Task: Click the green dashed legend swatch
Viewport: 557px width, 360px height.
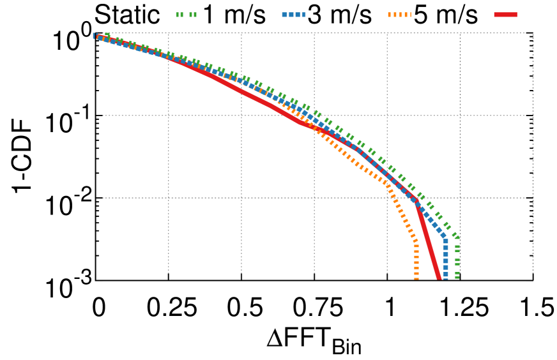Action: pyautogui.click(x=187, y=15)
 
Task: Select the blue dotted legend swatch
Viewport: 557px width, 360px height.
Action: pyautogui.click(x=294, y=15)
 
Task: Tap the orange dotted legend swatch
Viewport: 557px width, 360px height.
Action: pyautogui.click(x=399, y=15)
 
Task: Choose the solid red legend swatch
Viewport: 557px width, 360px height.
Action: pyautogui.click(x=505, y=15)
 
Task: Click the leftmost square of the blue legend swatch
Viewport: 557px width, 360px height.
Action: pyautogui.click(x=284, y=15)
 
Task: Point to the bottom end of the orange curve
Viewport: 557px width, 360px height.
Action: pyautogui.click(x=416, y=278)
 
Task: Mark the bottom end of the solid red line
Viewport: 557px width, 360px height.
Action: pyautogui.click(x=439, y=278)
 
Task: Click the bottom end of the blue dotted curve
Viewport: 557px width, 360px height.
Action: pyautogui.click(x=445, y=278)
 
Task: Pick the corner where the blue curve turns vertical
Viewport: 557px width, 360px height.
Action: pyautogui.click(x=445, y=239)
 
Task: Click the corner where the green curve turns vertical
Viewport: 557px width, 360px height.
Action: pyautogui.click(x=457, y=237)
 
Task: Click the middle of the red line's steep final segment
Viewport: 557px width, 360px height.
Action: pyautogui.click(x=428, y=241)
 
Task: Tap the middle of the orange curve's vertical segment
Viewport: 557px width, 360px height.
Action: pyautogui.click(x=416, y=261)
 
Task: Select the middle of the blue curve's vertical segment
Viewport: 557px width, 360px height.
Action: pyautogui.click(x=445, y=259)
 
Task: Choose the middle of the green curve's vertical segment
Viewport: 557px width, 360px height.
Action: pyautogui.click(x=457, y=258)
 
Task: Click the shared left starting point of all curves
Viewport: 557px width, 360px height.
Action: pyautogui.click(x=95, y=36)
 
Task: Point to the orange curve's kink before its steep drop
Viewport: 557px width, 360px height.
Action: pyautogui.click(x=386, y=183)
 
